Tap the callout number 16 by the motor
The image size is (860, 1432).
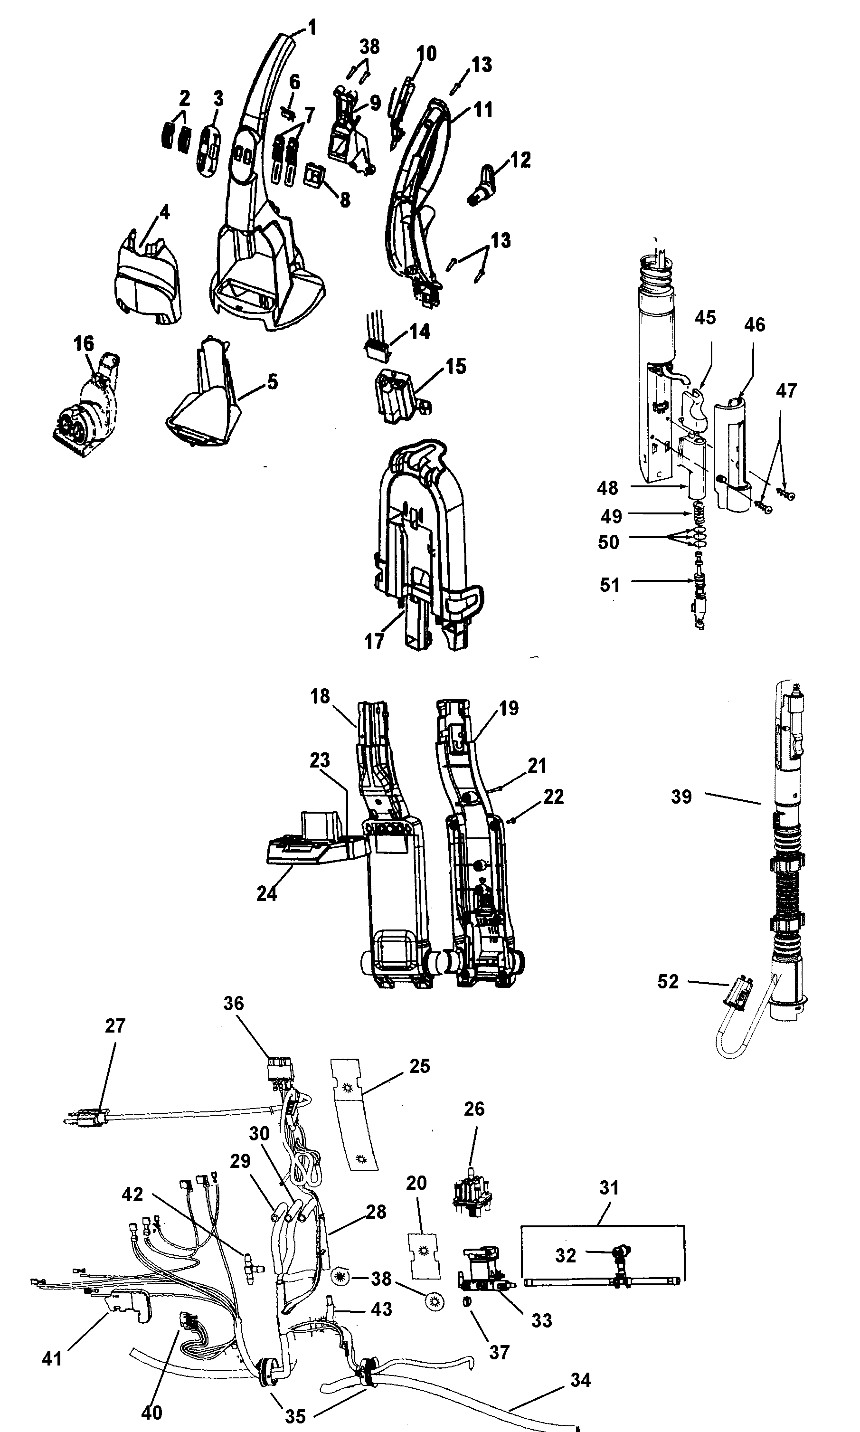click(84, 344)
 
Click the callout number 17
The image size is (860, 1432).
click(374, 642)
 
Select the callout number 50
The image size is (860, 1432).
click(608, 542)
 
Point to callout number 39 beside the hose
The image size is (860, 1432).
click(681, 797)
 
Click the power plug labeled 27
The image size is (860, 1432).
click(87, 1117)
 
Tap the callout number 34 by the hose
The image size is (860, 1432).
click(580, 1380)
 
